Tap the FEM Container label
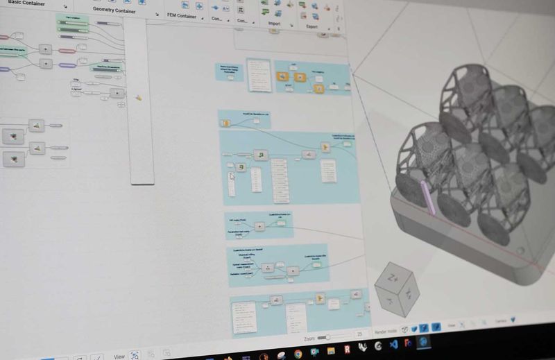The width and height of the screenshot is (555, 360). pos(182,16)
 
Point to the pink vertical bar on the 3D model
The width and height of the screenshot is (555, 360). pos(428,196)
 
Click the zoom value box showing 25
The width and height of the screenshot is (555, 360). pos(360,334)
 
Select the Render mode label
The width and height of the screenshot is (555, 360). pos(386,330)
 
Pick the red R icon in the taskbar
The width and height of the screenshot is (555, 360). pos(347,348)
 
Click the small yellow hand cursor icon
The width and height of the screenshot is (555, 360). pos(139,98)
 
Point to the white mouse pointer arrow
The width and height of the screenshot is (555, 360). pos(232,176)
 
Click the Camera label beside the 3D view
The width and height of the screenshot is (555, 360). pos(501,321)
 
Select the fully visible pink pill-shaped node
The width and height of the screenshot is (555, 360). pos(67,51)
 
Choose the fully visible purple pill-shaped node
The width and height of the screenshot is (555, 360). pos(67,65)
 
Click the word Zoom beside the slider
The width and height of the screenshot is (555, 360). pos(310,337)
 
